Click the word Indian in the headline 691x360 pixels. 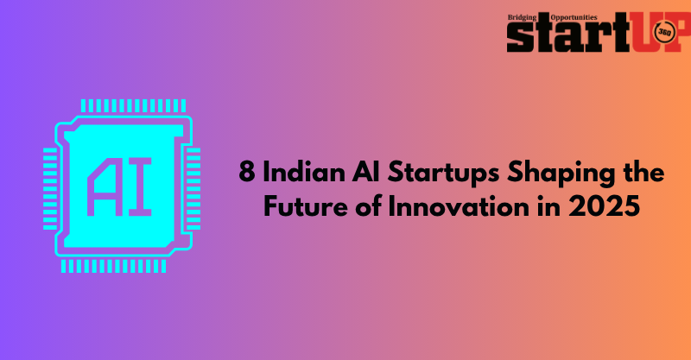[x=304, y=173]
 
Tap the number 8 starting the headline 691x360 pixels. [x=247, y=173]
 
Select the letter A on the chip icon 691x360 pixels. [x=105, y=186]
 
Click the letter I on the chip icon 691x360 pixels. [x=140, y=186]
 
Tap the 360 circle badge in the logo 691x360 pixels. [x=663, y=33]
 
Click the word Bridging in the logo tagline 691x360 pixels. [x=523, y=17]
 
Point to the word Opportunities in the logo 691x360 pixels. [x=574, y=17]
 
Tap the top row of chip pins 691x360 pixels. [x=134, y=105]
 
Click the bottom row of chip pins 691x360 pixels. [x=114, y=266]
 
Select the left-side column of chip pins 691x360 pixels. [x=50, y=189]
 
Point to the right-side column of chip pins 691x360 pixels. [x=193, y=189]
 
